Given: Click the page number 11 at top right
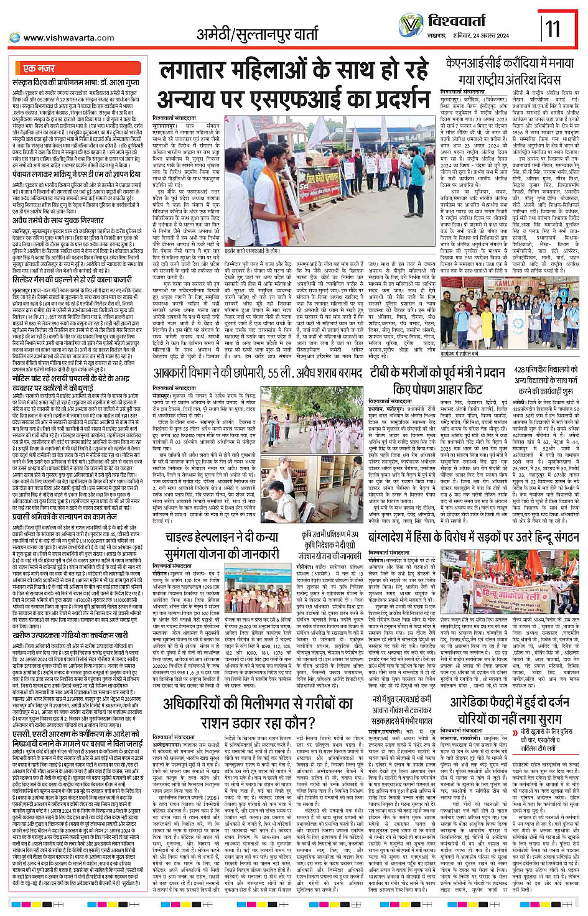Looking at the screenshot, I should pyautogui.click(x=553, y=29).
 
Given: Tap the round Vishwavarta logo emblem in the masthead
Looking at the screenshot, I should pyautogui.click(x=411, y=25).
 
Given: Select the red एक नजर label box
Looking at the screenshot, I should pyautogui.click(x=40, y=68).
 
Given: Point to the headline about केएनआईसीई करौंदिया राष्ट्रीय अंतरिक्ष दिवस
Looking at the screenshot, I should pyautogui.click(x=510, y=72).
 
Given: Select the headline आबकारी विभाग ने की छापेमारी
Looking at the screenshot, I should pyautogui.click(x=258, y=372).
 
